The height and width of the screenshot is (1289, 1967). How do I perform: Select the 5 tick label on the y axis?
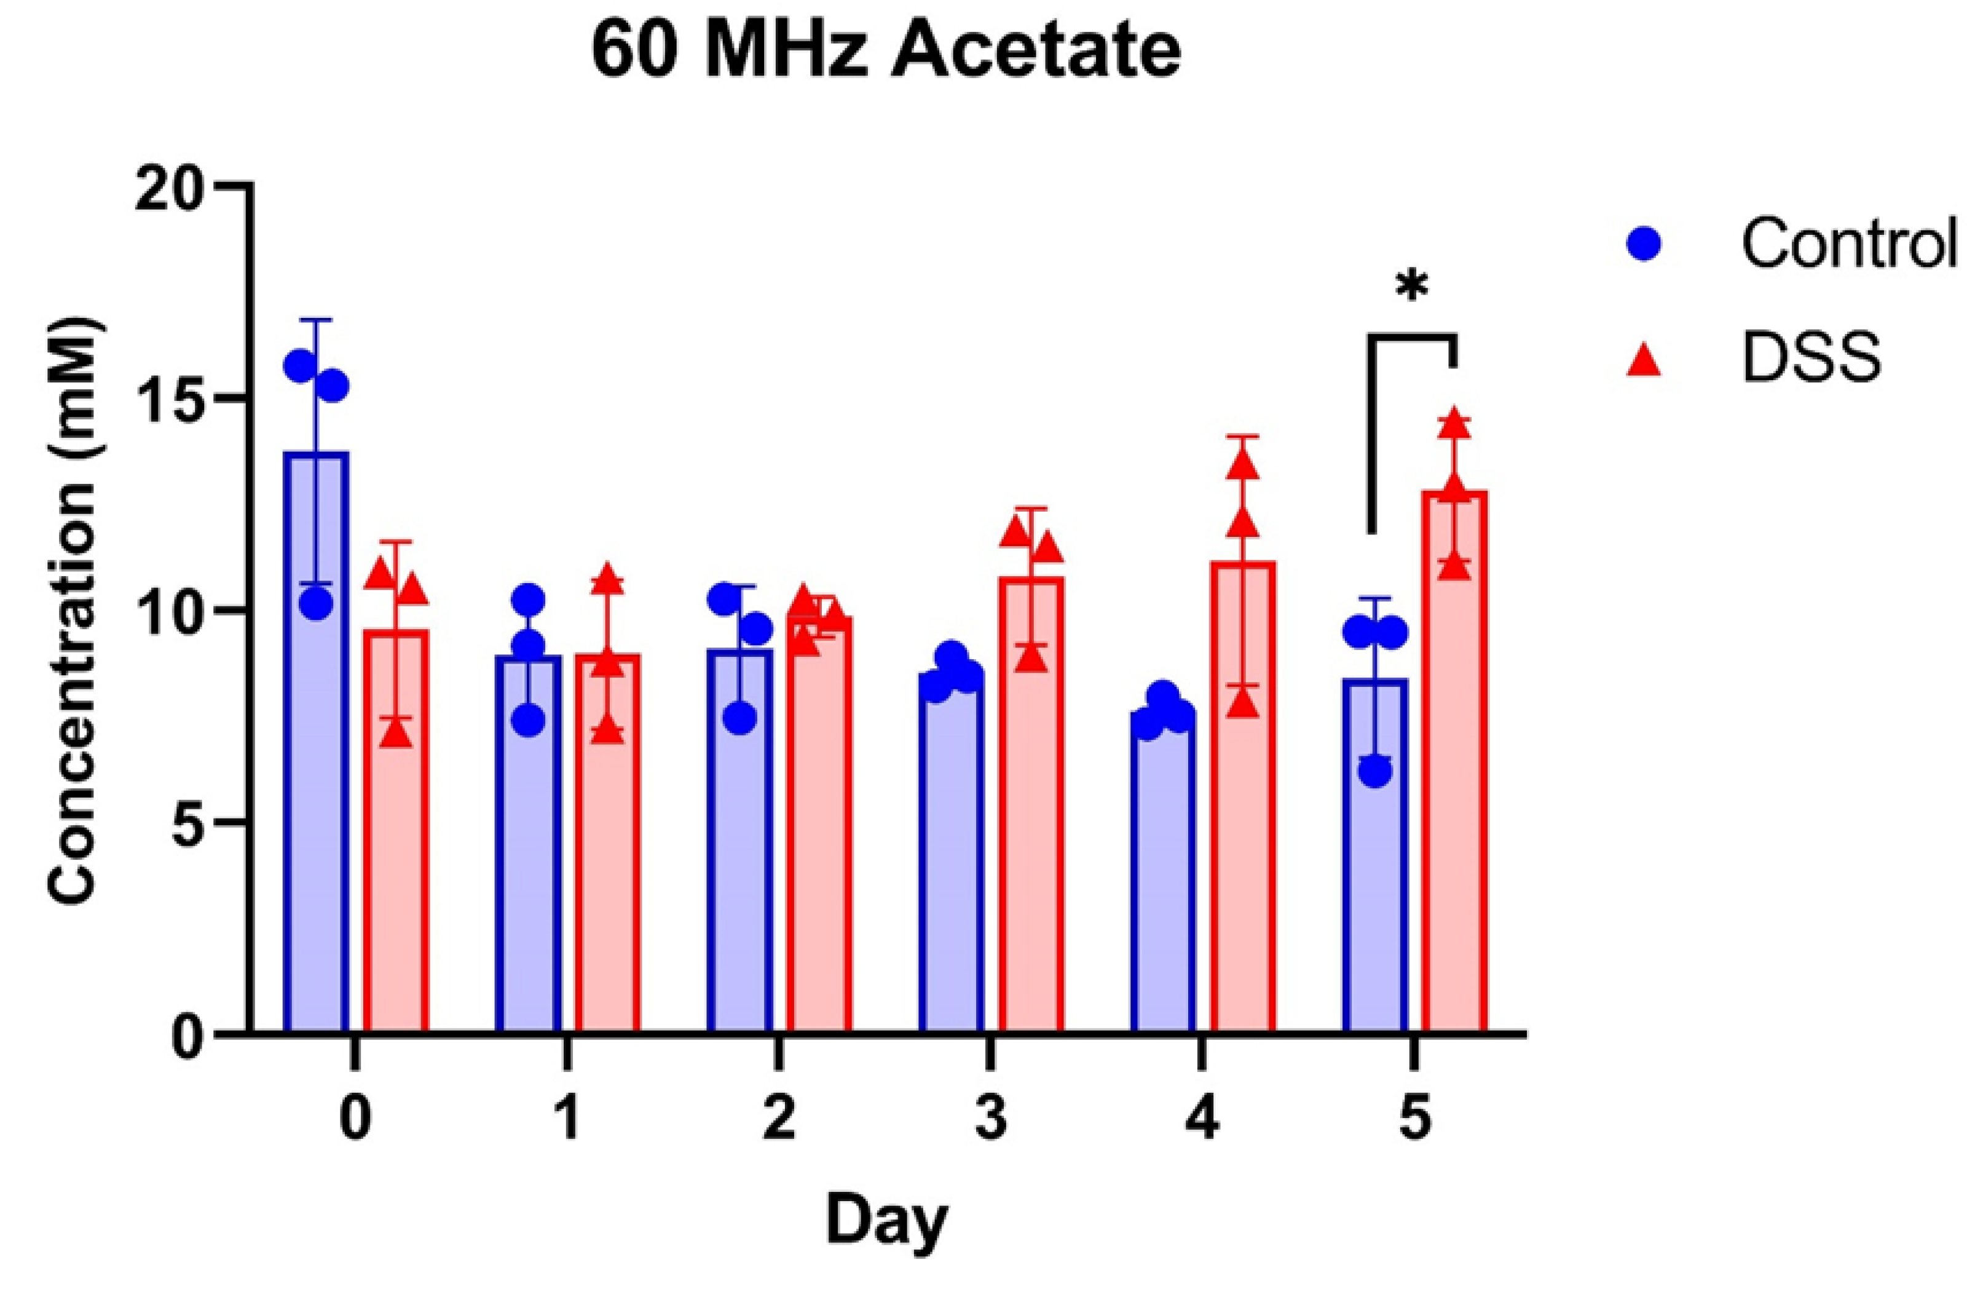pyautogui.click(x=192, y=823)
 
